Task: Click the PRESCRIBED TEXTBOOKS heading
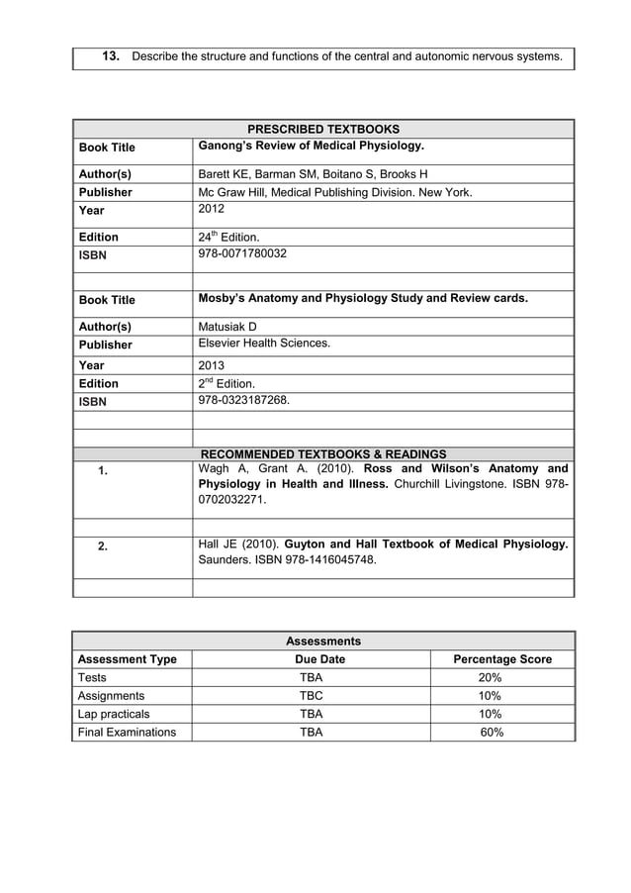tap(323, 129)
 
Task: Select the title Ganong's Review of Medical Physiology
tap(311, 147)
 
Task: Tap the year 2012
tap(212, 209)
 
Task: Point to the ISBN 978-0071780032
tap(242, 253)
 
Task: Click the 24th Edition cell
tap(228, 237)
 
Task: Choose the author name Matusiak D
tap(227, 326)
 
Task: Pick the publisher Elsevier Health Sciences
tap(264, 344)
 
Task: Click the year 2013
tap(212, 365)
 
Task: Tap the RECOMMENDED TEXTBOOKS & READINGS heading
tap(323, 454)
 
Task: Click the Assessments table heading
tap(323, 641)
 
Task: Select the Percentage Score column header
tap(501, 659)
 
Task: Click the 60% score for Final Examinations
tap(491, 732)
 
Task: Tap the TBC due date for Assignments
tap(311, 696)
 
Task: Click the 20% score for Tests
tap(490, 678)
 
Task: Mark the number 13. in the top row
tap(112, 56)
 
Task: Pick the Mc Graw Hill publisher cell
tap(335, 192)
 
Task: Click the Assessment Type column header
tap(128, 659)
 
